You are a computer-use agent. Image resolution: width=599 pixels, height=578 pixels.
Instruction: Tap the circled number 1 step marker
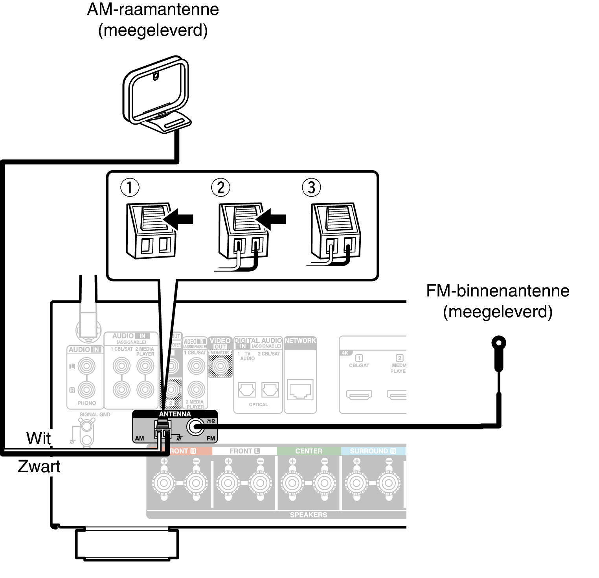click(130, 188)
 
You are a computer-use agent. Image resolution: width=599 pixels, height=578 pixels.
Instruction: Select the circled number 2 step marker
click(220, 188)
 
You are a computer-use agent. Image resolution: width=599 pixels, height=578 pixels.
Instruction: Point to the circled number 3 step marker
click(311, 188)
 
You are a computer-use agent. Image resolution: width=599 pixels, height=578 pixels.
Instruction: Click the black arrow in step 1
click(179, 219)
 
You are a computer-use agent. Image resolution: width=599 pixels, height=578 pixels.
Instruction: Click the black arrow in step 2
click(272, 219)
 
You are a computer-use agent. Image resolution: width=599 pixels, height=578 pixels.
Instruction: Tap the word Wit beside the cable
click(38, 438)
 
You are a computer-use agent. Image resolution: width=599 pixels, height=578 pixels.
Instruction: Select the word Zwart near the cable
click(39, 466)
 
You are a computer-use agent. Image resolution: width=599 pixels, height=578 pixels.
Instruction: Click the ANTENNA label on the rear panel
click(175, 414)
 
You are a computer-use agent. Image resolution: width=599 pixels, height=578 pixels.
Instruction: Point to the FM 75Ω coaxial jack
click(195, 426)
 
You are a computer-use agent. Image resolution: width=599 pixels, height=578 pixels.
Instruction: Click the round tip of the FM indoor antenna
click(499, 343)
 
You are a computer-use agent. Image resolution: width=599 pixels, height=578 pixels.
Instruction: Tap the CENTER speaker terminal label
click(309, 451)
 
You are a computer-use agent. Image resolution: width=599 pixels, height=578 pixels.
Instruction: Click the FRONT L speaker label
click(244, 451)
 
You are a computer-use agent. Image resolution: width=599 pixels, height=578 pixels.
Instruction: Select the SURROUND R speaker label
click(373, 451)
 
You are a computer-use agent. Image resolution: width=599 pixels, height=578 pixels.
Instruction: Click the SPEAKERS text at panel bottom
click(309, 515)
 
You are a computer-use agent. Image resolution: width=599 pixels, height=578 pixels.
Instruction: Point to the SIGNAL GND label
click(95, 414)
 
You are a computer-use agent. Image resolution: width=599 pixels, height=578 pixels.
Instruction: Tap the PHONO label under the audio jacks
click(86, 403)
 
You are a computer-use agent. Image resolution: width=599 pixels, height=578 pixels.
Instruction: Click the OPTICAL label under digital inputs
click(258, 405)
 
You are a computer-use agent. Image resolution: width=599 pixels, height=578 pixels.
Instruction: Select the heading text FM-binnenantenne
click(498, 291)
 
